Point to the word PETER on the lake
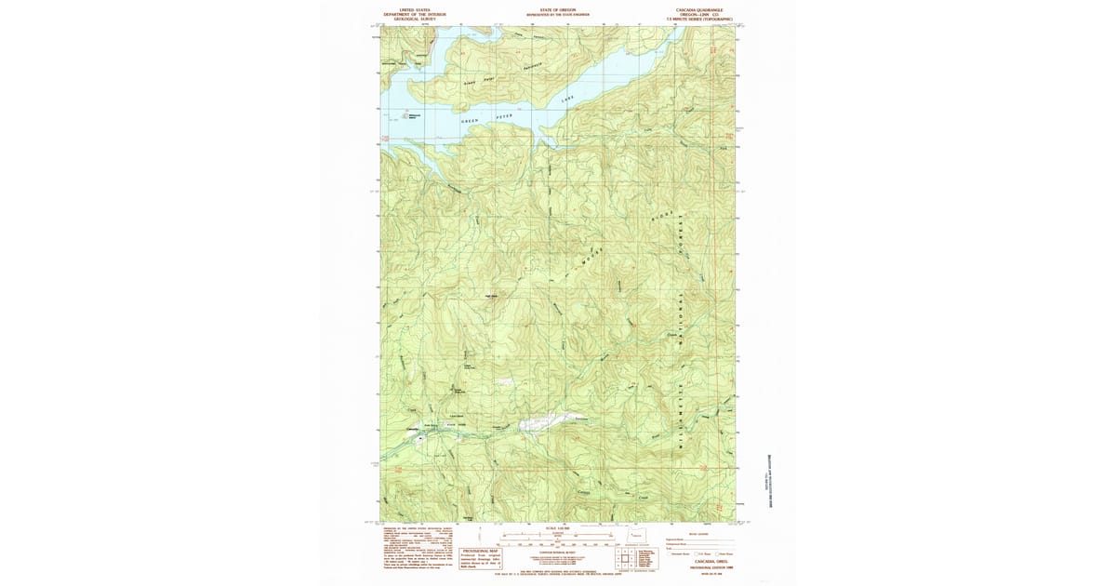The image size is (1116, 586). (503, 115)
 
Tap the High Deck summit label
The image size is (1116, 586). (492, 297)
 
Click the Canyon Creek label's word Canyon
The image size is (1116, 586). (584, 490)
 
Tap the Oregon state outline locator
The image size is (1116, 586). (637, 536)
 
